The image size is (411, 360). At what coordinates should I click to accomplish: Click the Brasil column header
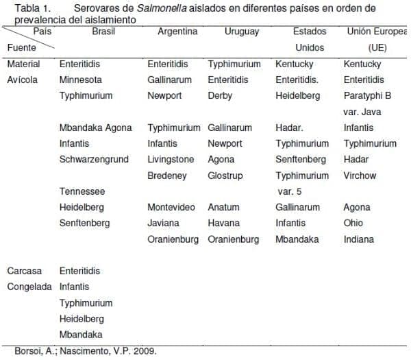pos(103,32)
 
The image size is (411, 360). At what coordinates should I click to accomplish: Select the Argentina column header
pos(177,32)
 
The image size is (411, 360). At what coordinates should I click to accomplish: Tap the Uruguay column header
pos(242,32)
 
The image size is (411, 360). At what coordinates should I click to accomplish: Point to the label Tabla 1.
pos(33,8)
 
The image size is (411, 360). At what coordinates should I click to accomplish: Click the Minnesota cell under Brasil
pos(80,80)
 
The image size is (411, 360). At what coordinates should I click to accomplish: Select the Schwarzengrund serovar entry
pos(94,159)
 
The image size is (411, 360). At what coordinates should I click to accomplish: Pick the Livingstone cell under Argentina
pos(171,159)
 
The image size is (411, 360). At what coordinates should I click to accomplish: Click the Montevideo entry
pos(171,207)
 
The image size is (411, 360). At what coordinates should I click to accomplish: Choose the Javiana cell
pos(163,223)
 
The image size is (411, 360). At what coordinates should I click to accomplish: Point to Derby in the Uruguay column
pos(220,95)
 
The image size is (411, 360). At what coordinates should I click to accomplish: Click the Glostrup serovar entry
pos(225,175)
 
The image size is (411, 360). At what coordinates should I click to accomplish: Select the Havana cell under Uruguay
pos(224,223)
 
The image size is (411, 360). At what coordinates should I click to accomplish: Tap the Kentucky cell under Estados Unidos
pos(295,64)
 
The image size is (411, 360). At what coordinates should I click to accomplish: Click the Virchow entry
pos(360,175)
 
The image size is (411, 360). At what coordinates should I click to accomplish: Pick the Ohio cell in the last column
pos(353,223)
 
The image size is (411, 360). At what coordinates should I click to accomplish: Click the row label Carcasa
pos(24,271)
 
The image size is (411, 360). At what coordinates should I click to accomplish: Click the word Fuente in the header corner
pos(21,47)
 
